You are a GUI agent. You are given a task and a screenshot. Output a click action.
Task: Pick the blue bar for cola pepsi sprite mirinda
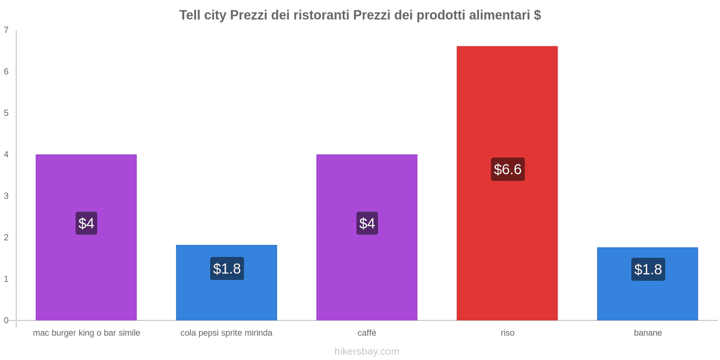coord(226,297)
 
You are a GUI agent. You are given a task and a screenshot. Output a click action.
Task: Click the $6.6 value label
coord(508,169)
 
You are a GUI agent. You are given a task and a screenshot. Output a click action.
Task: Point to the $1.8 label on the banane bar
coord(648,269)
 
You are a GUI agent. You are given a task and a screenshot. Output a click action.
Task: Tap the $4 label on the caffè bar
coord(367,223)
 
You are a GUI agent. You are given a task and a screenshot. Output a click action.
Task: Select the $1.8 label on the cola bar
coord(227,269)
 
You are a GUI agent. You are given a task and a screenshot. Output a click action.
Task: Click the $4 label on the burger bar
coord(86,223)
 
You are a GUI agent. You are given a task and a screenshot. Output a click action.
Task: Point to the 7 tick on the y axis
coord(6,30)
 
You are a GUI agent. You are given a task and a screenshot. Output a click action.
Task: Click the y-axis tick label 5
coord(6,113)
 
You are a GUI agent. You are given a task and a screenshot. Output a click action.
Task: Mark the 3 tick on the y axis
coord(6,196)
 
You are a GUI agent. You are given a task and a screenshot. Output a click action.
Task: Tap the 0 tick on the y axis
coord(6,320)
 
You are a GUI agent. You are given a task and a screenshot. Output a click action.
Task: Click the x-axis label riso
coord(508,333)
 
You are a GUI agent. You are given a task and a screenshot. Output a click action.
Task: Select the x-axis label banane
coord(648,333)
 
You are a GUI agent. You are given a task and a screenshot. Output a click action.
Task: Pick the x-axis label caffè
coord(367,333)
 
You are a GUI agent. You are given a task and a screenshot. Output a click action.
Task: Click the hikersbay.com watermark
coord(367,351)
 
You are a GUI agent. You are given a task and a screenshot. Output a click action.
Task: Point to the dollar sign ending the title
coord(537,15)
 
